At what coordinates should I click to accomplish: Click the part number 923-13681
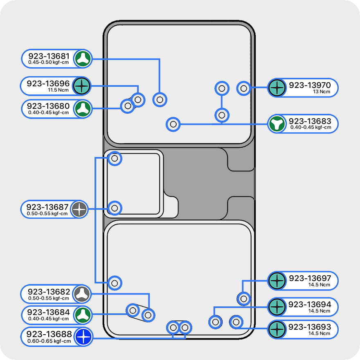(48, 56)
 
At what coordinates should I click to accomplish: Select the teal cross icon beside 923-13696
(82, 86)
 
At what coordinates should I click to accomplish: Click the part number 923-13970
(309, 85)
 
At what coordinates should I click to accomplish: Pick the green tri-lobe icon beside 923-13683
(277, 124)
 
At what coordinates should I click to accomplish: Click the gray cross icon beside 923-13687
(79, 209)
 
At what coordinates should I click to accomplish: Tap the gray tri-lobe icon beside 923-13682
(82, 293)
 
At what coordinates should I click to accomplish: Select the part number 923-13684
(49, 313)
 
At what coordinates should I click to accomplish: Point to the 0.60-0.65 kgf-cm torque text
(49, 341)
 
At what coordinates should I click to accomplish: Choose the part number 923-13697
(310, 278)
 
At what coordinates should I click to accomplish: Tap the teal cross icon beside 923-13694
(277, 307)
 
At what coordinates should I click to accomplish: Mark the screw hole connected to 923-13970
(244, 88)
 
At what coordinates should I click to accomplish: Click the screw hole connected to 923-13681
(160, 99)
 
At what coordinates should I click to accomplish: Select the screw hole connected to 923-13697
(244, 298)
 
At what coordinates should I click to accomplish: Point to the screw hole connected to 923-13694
(215, 322)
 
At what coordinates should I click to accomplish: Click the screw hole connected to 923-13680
(128, 106)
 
